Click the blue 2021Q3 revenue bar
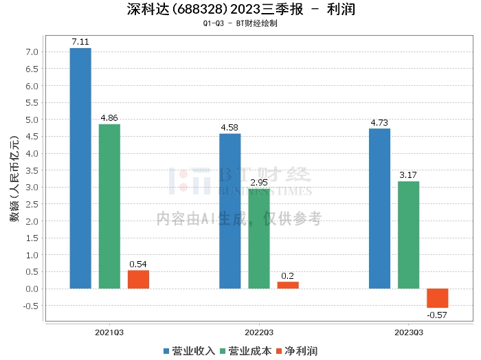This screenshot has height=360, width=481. [80, 168]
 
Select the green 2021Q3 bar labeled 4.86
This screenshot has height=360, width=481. [109, 206]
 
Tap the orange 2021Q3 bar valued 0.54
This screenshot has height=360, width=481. [138, 279]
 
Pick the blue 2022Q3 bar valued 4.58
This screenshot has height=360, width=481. [230, 211]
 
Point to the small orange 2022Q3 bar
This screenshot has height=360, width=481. [288, 285]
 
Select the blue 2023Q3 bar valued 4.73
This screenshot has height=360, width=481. [379, 208]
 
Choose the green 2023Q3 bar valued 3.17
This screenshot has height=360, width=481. [408, 235]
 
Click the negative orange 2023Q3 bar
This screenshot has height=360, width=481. [437, 298]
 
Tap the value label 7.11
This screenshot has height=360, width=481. [80, 43]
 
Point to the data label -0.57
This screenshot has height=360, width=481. [437, 315]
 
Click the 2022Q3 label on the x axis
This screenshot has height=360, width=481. [259, 333]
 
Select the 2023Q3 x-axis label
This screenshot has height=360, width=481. [408, 333]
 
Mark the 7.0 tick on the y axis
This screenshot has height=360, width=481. [32, 52]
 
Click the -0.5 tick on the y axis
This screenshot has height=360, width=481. [30, 306]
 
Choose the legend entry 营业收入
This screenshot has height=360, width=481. [189, 350]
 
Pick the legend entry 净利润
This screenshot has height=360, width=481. [296, 350]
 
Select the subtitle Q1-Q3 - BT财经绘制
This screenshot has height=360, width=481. [240, 23]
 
